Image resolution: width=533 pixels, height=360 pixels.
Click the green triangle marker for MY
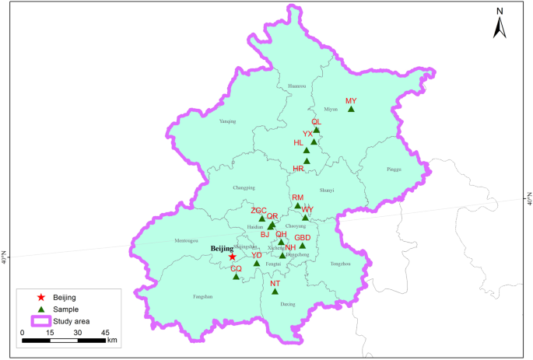click(351, 109)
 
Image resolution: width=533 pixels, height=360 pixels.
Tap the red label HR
click(299, 169)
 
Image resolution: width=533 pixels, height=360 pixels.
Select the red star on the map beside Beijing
click(232, 257)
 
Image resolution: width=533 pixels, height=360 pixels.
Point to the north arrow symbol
click(501, 25)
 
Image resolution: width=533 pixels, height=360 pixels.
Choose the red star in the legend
click(40, 297)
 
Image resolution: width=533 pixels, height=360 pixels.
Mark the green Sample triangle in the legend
click(40, 309)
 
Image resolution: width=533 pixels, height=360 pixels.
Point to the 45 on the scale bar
click(105, 332)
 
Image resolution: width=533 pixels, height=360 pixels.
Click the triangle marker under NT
click(274, 292)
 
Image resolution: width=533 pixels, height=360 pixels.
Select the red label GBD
click(303, 237)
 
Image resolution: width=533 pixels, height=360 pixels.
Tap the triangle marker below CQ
click(236, 276)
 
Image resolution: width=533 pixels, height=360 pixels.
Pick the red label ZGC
click(258, 211)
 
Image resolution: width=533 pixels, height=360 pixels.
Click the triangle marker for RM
click(298, 206)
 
